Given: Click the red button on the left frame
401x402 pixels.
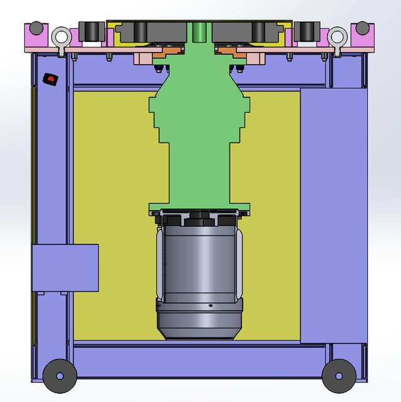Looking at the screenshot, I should click(x=49, y=78).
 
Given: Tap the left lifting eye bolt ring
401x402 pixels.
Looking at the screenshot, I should click(x=61, y=37).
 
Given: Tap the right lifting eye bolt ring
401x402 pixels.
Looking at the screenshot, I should click(x=337, y=37).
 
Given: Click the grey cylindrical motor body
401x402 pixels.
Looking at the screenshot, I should click(x=199, y=263).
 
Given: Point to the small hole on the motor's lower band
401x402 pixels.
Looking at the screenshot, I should click(x=211, y=306).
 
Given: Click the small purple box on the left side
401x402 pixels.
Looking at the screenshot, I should click(x=65, y=268).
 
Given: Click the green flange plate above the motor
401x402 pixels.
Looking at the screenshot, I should click(x=199, y=209).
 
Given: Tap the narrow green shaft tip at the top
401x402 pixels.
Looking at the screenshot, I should click(x=199, y=30).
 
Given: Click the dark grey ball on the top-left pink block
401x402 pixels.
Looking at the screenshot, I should click(x=37, y=28).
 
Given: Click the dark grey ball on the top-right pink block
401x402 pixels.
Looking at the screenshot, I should click(x=362, y=28).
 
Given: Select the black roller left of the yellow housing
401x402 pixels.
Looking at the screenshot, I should click(x=91, y=31).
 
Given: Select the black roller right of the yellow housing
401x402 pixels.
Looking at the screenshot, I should click(x=306, y=31).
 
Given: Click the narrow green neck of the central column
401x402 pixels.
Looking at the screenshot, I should click(x=199, y=172).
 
